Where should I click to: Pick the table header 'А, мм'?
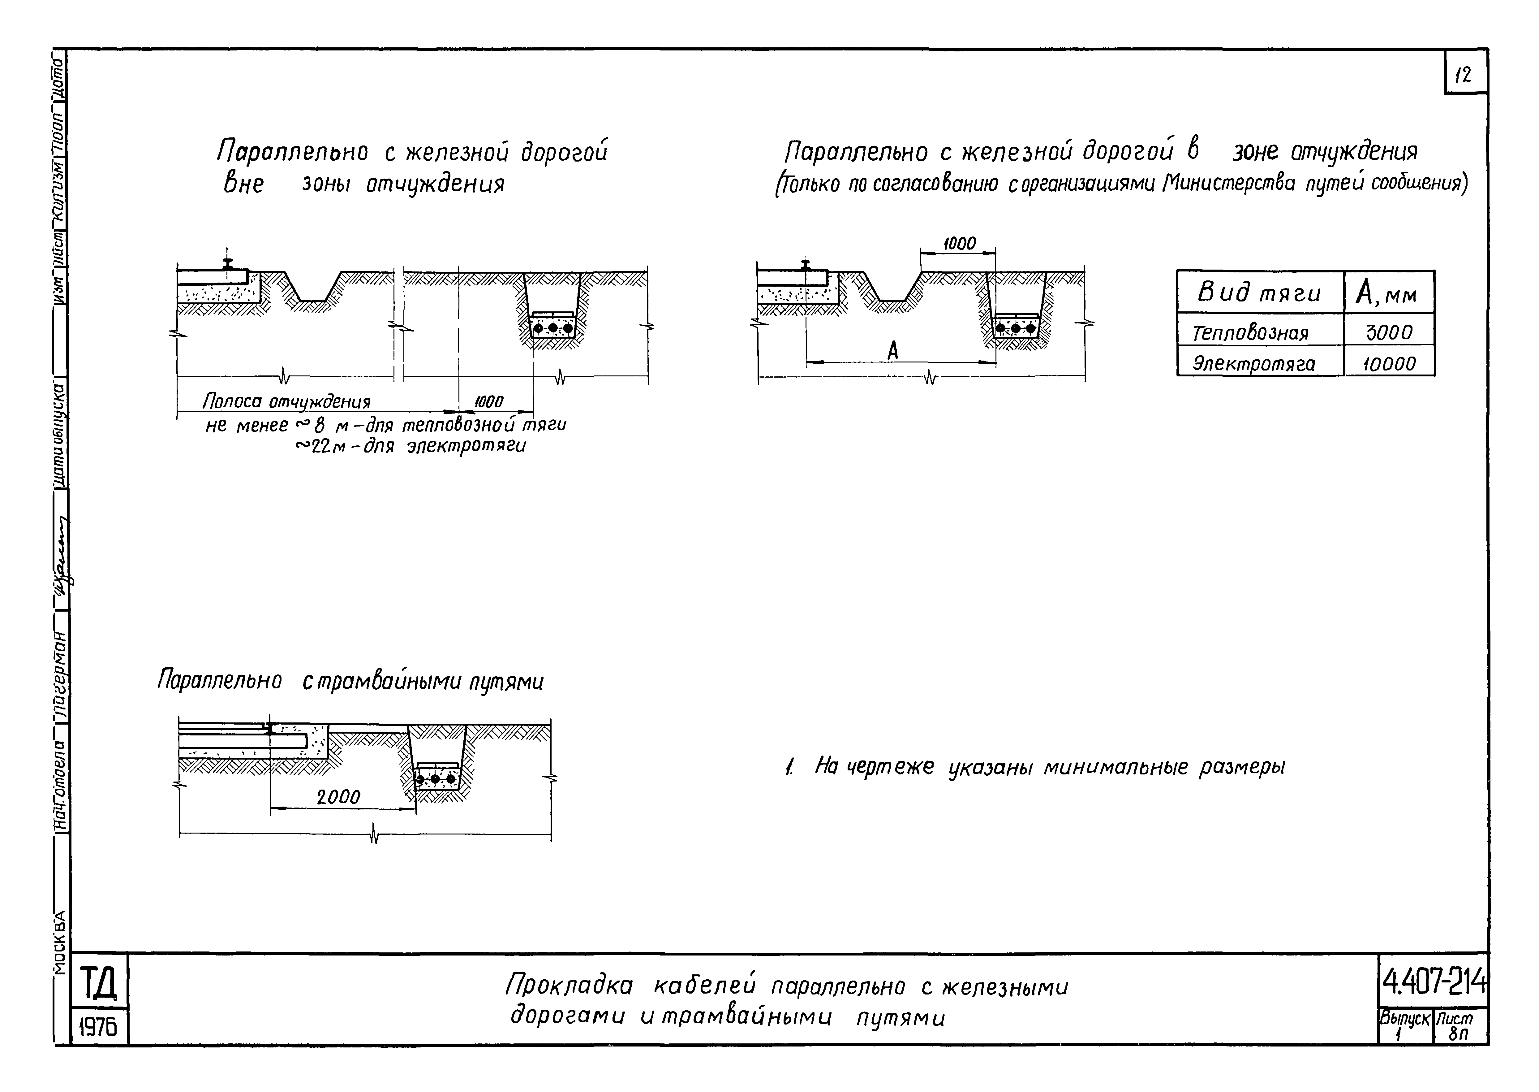coord(1388,293)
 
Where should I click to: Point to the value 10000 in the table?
coord(1389,364)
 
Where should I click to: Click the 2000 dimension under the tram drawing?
coord(338,797)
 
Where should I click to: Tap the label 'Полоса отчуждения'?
coord(287,402)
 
